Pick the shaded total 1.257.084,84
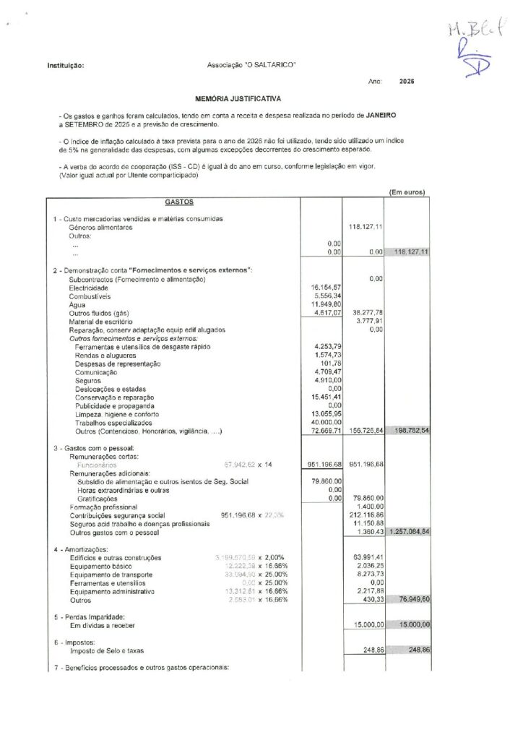pyautogui.click(x=410, y=531)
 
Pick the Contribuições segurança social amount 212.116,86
pyautogui.click(x=366, y=515)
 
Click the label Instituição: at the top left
pyautogui.click(x=64, y=66)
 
